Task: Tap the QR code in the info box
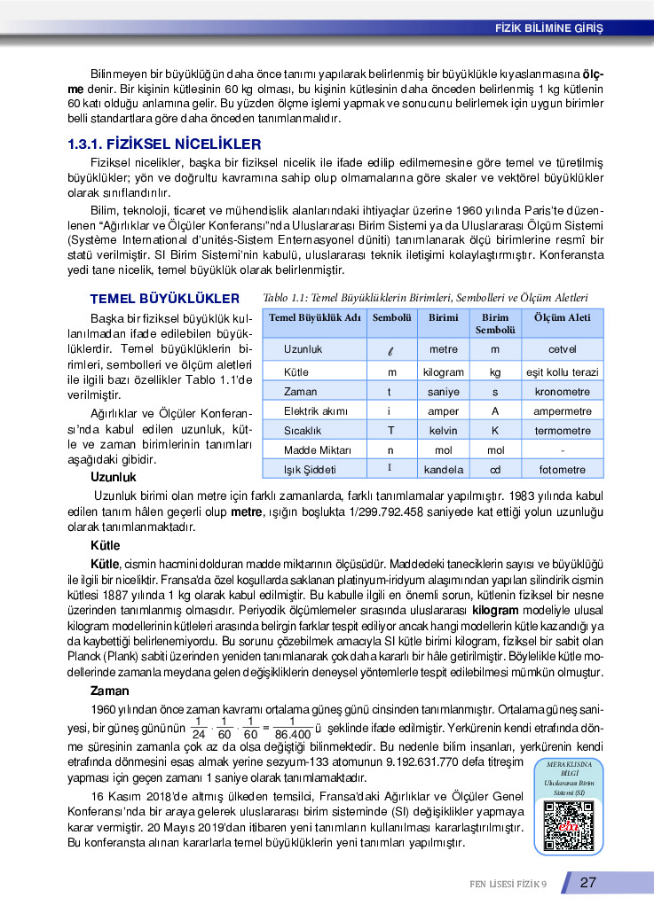point(568,825)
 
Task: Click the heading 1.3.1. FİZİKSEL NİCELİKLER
point(165,143)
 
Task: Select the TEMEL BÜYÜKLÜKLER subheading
point(165,299)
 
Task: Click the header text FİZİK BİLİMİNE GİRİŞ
point(548,27)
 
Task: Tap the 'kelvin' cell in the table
point(444,431)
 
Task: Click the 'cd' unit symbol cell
point(495,469)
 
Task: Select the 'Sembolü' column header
point(391,317)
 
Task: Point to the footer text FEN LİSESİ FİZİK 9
point(508,883)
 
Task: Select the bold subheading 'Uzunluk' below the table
point(114,478)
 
